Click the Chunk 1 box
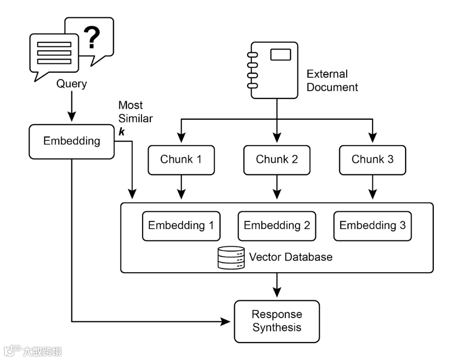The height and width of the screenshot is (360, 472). pyautogui.click(x=181, y=160)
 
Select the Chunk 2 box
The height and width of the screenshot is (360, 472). pyautogui.click(x=277, y=160)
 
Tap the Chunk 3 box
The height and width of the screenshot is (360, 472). pyautogui.click(x=372, y=160)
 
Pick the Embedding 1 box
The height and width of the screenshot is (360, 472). pyautogui.click(x=181, y=226)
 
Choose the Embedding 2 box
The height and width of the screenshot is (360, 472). pyautogui.click(x=277, y=226)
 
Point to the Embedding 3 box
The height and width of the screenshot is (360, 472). pyautogui.click(x=372, y=226)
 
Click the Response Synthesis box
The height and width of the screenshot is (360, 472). pyautogui.click(x=277, y=321)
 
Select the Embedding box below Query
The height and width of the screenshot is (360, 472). pyautogui.click(x=71, y=141)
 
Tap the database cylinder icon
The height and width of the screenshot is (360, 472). pyautogui.click(x=231, y=257)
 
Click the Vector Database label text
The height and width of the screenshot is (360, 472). pyautogui.click(x=291, y=257)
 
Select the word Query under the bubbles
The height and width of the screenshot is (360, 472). pyautogui.click(x=71, y=84)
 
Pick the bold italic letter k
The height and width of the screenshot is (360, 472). pyautogui.click(x=121, y=132)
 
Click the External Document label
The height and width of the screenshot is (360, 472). pyautogui.click(x=332, y=81)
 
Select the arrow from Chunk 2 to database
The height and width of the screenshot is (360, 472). pyautogui.click(x=277, y=187)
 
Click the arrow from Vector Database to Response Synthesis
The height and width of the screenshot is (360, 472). pyautogui.click(x=277, y=284)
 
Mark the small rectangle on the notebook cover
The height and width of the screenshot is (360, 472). pyautogui.click(x=280, y=55)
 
